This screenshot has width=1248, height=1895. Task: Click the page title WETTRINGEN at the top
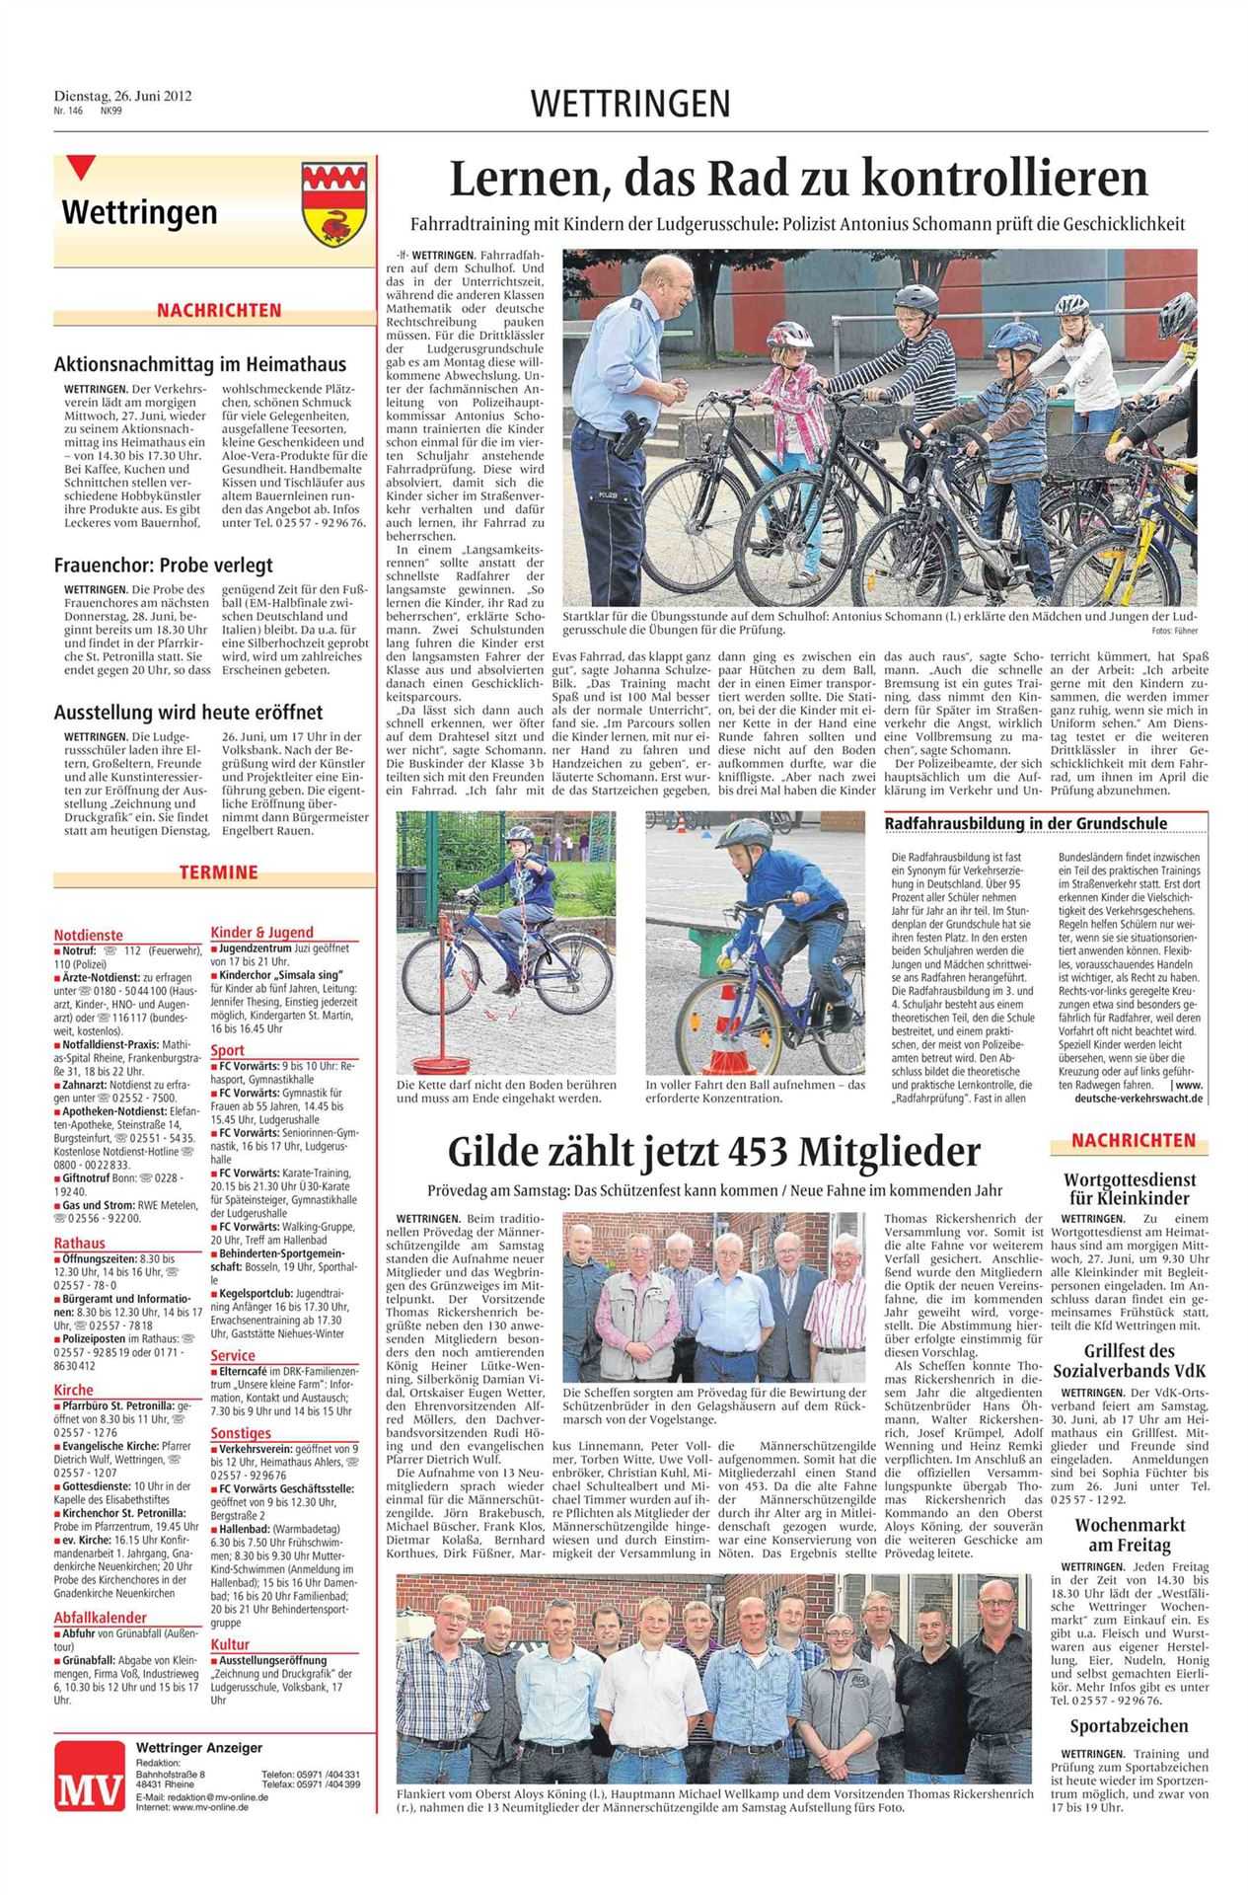(630, 103)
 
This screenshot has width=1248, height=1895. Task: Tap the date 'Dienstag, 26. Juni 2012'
(122, 97)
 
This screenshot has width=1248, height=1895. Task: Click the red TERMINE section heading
(218, 872)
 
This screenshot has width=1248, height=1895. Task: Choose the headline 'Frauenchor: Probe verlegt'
(163, 566)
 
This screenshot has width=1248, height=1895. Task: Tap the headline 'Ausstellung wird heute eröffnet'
(187, 712)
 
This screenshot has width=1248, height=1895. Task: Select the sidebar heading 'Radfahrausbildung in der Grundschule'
(1025, 823)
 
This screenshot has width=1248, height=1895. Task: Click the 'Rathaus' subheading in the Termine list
(80, 1243)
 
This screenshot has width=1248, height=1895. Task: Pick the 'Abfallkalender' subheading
(100, 1617)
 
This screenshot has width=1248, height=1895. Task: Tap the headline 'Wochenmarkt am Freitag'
(1129, 1535)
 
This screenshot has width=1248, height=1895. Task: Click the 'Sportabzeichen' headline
(1129, 1726)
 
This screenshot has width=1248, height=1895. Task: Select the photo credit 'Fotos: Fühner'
(1173, 630)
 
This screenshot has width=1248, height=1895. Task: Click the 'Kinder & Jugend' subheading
(261, 932)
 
